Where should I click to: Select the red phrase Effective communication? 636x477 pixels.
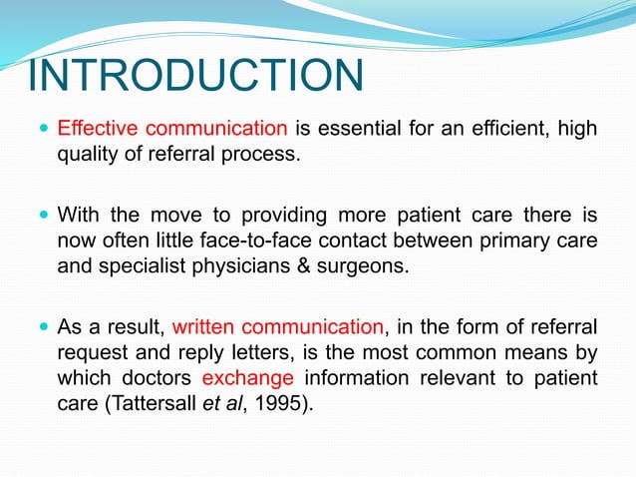point(172,129)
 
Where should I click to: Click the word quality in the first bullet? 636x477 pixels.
point(90,155)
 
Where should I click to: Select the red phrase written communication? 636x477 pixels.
point(278,325)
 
